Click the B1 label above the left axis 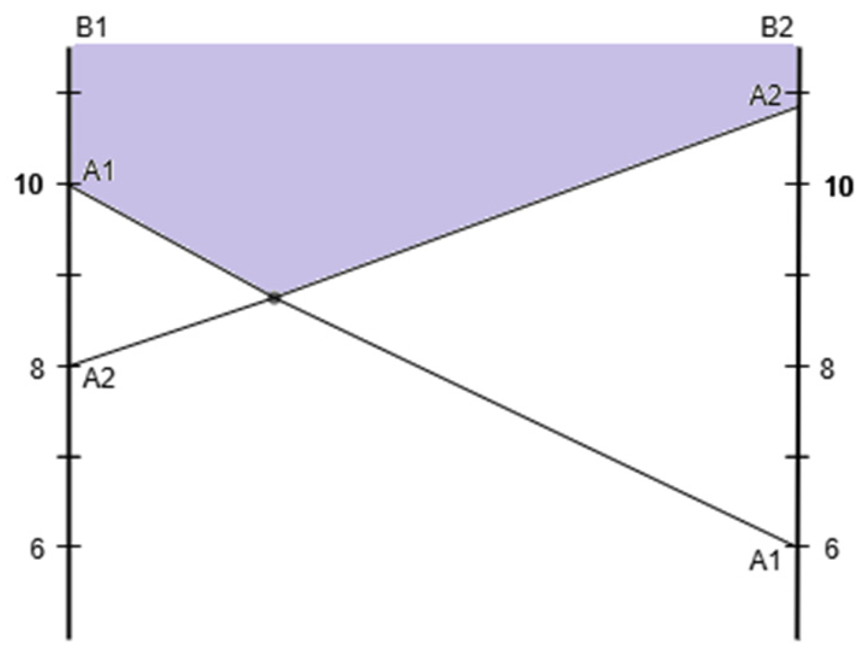click(x=91, y=29)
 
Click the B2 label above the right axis click(x=777, y=29)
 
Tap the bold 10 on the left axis click(x=30, y=185)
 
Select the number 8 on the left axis click(x=38, y=369)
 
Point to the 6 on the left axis click(x=38, y=549)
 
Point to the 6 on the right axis click(x=831, y=549)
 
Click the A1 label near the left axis click(x=99, y=172)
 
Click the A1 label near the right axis click(x=766, y=561)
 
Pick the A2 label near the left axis click(x=99, y=379)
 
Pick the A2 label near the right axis click(x=766, y=96)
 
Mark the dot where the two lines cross click(x=274, y=297)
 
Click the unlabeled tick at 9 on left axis click(x=70, y=275)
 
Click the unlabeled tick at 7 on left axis click(x=70, y=457)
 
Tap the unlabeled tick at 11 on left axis click(x=70, y=93)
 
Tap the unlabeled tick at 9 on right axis click(x=798, y=275)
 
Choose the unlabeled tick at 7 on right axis click(x=798, y=457)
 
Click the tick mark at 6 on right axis click(x=798, y=546)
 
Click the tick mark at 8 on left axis click(x=70, y=366)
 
